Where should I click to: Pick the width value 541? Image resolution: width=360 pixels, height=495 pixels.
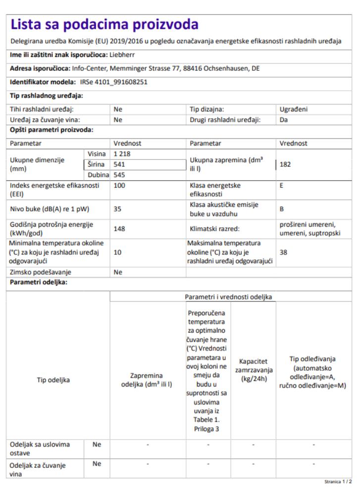coord(119,164)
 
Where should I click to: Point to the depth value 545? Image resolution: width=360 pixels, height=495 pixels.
coord(119,175)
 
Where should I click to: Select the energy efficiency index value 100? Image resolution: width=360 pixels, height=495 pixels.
coord(119,186)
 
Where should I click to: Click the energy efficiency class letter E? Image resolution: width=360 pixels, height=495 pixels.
coord(281,186)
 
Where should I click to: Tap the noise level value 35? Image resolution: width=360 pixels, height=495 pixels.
coord(117,209)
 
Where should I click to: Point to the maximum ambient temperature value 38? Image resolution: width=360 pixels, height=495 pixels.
coord(283,252)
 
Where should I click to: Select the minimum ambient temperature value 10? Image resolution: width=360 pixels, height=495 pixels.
coord(117,252)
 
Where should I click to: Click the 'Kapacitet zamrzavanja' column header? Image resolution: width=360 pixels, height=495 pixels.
coord(253,370)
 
